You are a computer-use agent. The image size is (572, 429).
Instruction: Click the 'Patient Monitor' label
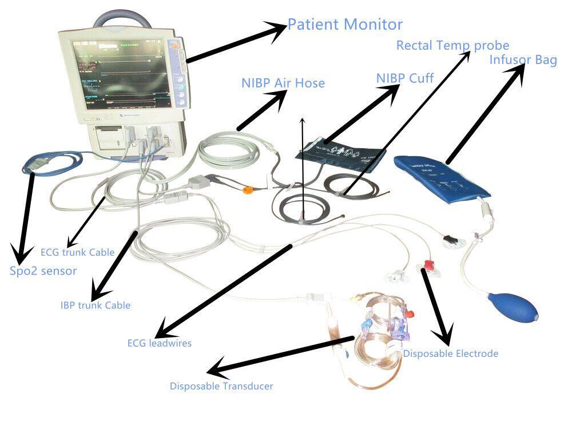click(345, 25)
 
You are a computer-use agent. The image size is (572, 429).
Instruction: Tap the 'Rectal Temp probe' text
click(452, 45)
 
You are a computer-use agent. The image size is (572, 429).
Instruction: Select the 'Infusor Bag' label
click(523, 60)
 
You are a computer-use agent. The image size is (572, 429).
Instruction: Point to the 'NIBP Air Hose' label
click(283, 83)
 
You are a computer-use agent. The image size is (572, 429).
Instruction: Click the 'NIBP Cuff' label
click(404, 77)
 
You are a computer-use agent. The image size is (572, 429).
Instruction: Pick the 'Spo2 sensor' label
click(43, 271)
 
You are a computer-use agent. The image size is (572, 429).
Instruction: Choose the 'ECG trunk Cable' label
click(77, 252)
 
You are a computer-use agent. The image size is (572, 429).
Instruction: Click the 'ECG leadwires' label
click(159, 343)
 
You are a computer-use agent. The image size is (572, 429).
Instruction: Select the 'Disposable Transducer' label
click(221, 386)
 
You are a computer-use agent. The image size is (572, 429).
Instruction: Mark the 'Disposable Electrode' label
click(450, 353)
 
